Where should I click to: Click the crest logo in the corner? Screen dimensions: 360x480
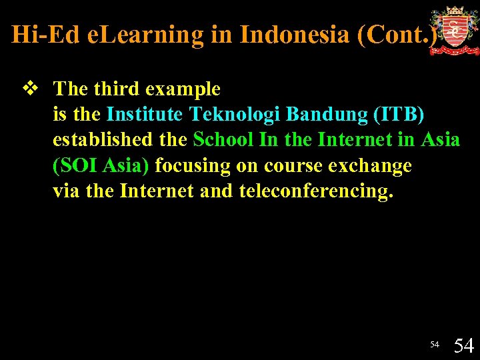[x=454, y=31]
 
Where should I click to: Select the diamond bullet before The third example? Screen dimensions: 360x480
[x=28, y=88]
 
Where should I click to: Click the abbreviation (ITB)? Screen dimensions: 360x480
[x=399, y=115]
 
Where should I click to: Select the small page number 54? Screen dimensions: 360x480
[x=435, y=345]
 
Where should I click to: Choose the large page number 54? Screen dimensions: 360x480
[x=463, y=345]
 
